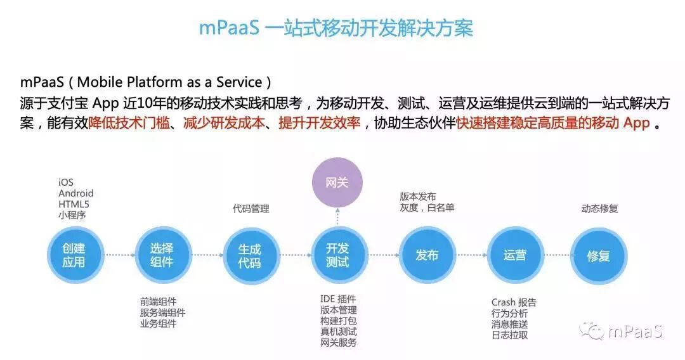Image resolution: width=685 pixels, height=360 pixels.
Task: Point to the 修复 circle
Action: (x=598, y=255)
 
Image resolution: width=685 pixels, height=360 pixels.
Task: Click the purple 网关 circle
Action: (x=337, y=183)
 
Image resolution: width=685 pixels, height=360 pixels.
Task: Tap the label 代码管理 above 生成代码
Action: (x=251, y=209)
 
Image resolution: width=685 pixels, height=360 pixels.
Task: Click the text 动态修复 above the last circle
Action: (x=599, y=209)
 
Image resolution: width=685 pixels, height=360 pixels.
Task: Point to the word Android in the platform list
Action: (x=75, y=193)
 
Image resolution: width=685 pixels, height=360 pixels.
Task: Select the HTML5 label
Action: (x=74, y=204)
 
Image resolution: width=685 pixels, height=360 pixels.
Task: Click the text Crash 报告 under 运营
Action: (x=514, y=302)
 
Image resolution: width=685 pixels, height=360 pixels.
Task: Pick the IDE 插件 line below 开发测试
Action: (x=338, y=299)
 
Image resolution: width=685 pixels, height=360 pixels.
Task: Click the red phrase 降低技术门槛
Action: (x=129, y=123)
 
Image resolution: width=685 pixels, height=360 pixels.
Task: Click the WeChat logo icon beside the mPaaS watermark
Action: (x=594, y=332)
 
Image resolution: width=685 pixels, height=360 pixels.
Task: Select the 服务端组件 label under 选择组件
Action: (x=162, y=313)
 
